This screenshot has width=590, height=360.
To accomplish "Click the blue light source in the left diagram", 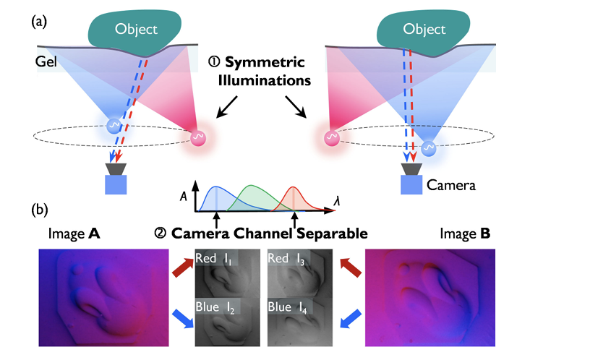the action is pos(114,126).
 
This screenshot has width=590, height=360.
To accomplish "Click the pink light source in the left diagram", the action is pos(198,138).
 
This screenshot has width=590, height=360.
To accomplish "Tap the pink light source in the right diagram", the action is pos(332,137).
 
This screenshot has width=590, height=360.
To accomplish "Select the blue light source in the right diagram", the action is pos(429,148).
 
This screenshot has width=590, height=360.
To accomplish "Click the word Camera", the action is pos(450,185).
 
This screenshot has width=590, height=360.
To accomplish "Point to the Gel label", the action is pos(46,61).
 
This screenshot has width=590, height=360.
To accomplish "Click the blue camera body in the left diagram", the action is pos(116,185).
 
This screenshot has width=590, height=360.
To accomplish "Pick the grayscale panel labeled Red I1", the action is pos(227,273).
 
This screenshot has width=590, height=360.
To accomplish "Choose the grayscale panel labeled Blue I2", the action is pos(227,322).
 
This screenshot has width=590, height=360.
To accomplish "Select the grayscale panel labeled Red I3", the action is pos(300,273).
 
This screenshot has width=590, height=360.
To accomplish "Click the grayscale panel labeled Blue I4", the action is pos(300,322).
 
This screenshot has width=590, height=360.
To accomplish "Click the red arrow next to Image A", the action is pos(183,267).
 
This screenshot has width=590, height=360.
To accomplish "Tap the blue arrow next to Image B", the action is pos(351,319).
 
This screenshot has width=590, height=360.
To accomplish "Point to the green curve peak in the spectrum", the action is pos(252,186).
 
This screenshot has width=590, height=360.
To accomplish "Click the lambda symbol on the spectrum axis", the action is pos(337,202).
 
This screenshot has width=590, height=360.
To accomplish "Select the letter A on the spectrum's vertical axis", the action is pos(183,196).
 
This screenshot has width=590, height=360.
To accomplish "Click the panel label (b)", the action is pos(40,210).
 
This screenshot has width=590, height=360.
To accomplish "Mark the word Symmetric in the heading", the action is pos(265,62).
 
